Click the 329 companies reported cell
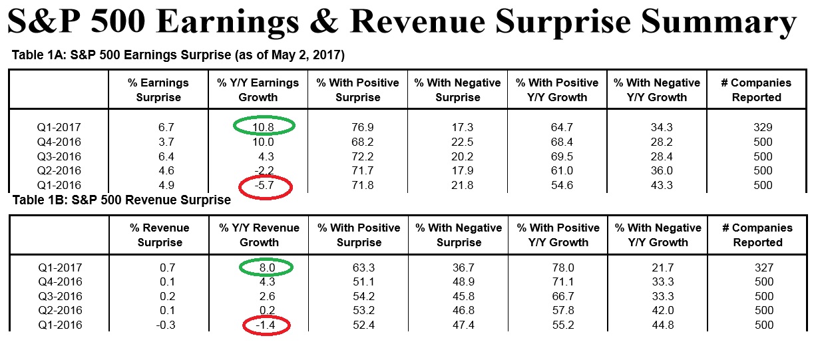coord(757,126)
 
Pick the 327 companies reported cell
coord(757,268)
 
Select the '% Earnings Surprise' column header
coord(159,90)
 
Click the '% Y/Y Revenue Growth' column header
coord(260,235)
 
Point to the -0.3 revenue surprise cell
coord(159,325)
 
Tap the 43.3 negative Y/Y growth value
coord(658,185)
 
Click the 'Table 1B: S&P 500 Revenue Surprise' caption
coord(121,200)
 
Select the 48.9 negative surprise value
coord(458,281)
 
